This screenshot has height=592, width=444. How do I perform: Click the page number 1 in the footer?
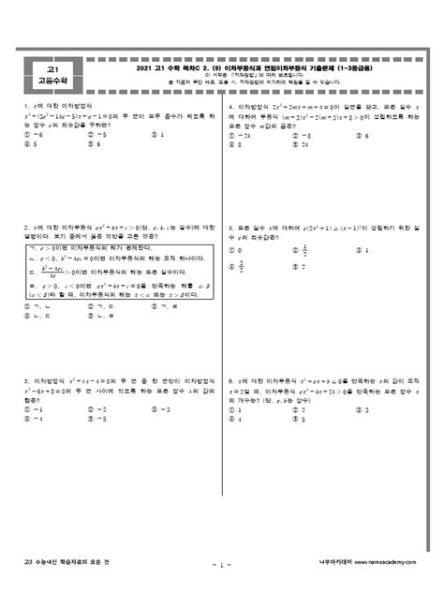pyautogui.click(x=222, y=565)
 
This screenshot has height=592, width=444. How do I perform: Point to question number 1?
pyautogui.click(x=27, y=107)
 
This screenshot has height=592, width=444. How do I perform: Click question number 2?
pyautogui.click(x=27, y=227)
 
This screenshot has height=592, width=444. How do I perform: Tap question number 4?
pyautogui.click(x=230, y=107)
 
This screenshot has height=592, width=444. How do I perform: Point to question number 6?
pyautogui.click(x=230, y=380)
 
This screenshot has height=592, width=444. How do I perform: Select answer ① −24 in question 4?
pyautogui.click(x=245, y=135)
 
